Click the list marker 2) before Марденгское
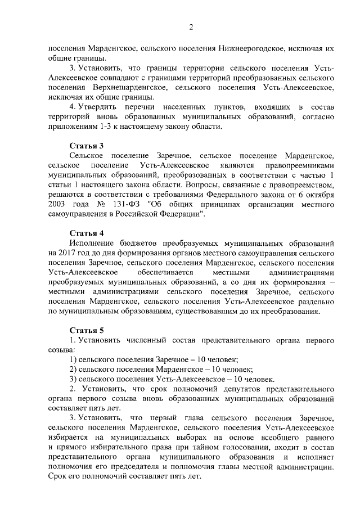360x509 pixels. [x=73, y=370]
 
